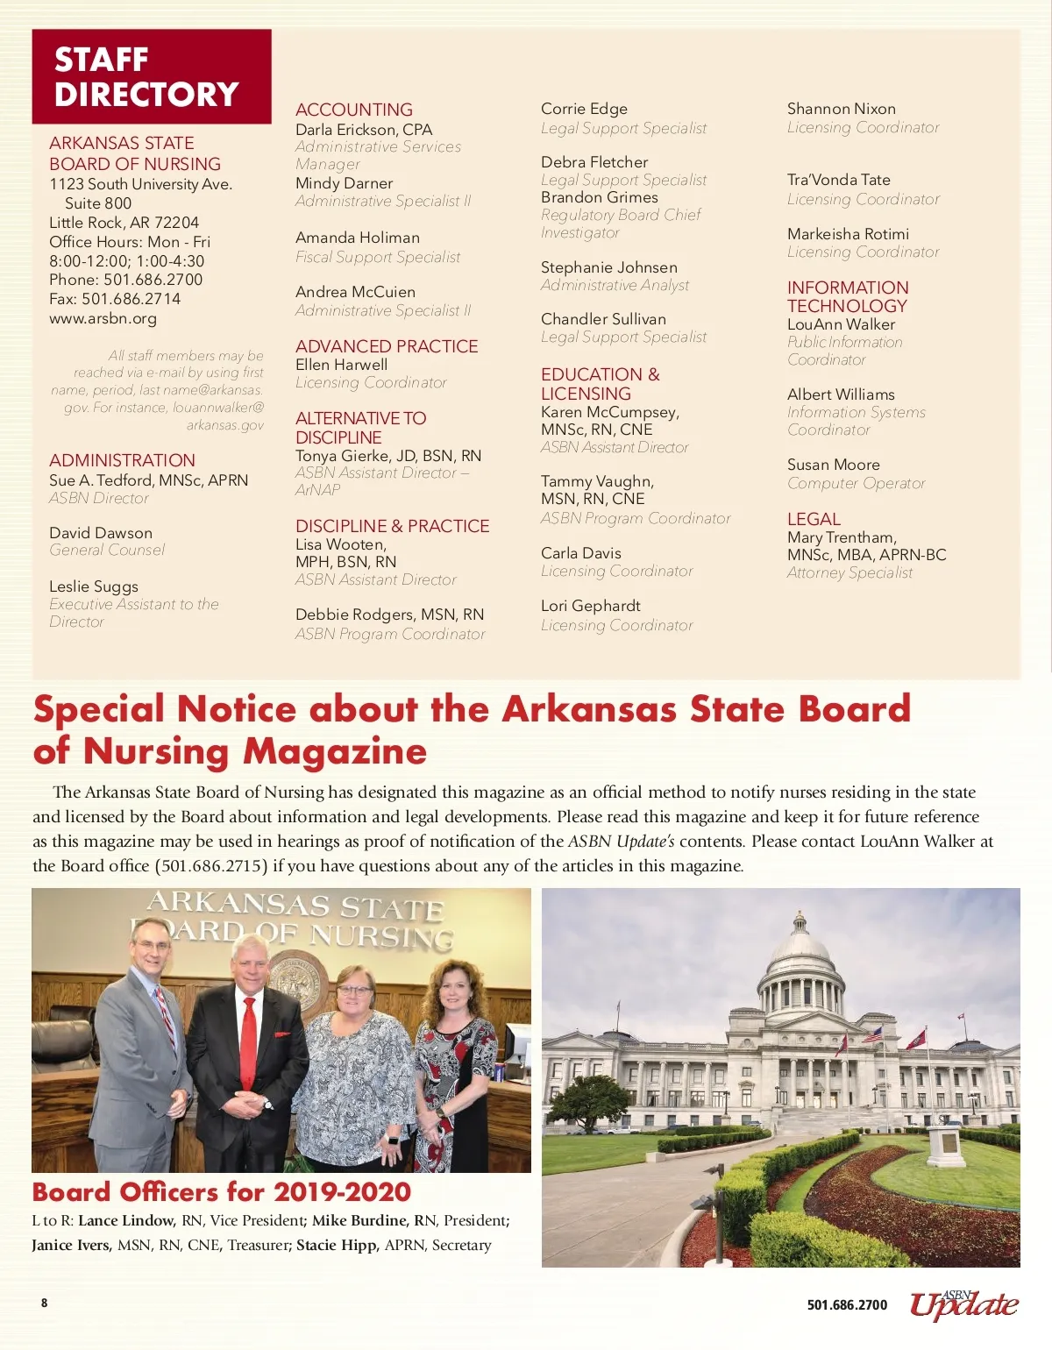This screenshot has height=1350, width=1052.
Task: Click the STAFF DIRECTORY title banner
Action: [151, 77]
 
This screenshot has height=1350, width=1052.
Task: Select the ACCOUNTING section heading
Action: [353, 110]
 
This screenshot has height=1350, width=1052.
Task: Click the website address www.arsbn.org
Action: [103, 318]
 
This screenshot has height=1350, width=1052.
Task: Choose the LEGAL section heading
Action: [813, 519]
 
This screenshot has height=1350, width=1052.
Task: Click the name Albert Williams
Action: [840, 394]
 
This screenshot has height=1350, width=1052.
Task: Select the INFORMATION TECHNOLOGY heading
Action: [847, 296]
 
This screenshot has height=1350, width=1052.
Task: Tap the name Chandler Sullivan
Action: [603, 319]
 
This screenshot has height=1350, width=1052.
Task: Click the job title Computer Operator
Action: [856, 483]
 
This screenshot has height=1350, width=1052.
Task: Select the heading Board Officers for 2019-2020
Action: [221, 1192]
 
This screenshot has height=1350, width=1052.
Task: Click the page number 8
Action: [45, 1303]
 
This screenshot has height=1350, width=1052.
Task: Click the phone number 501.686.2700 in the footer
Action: [846, 1305]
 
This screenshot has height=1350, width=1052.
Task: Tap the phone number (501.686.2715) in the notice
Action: [211, 866]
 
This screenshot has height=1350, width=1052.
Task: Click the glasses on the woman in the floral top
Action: [354, 990]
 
